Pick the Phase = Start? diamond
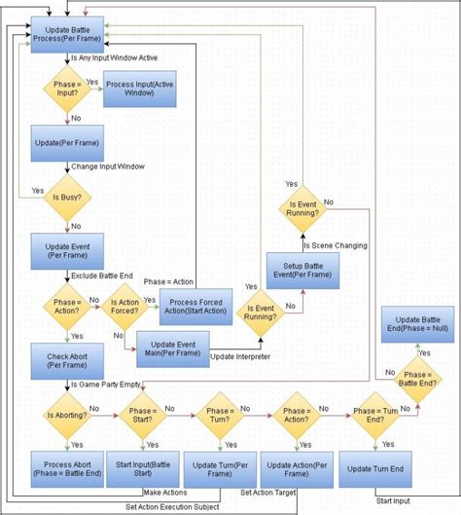pyautogui.click(x=143, y=415)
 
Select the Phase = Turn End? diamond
pyautogui.click(x=373, y=415)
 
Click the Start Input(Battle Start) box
pyautogui.click(x=142, y=470)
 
